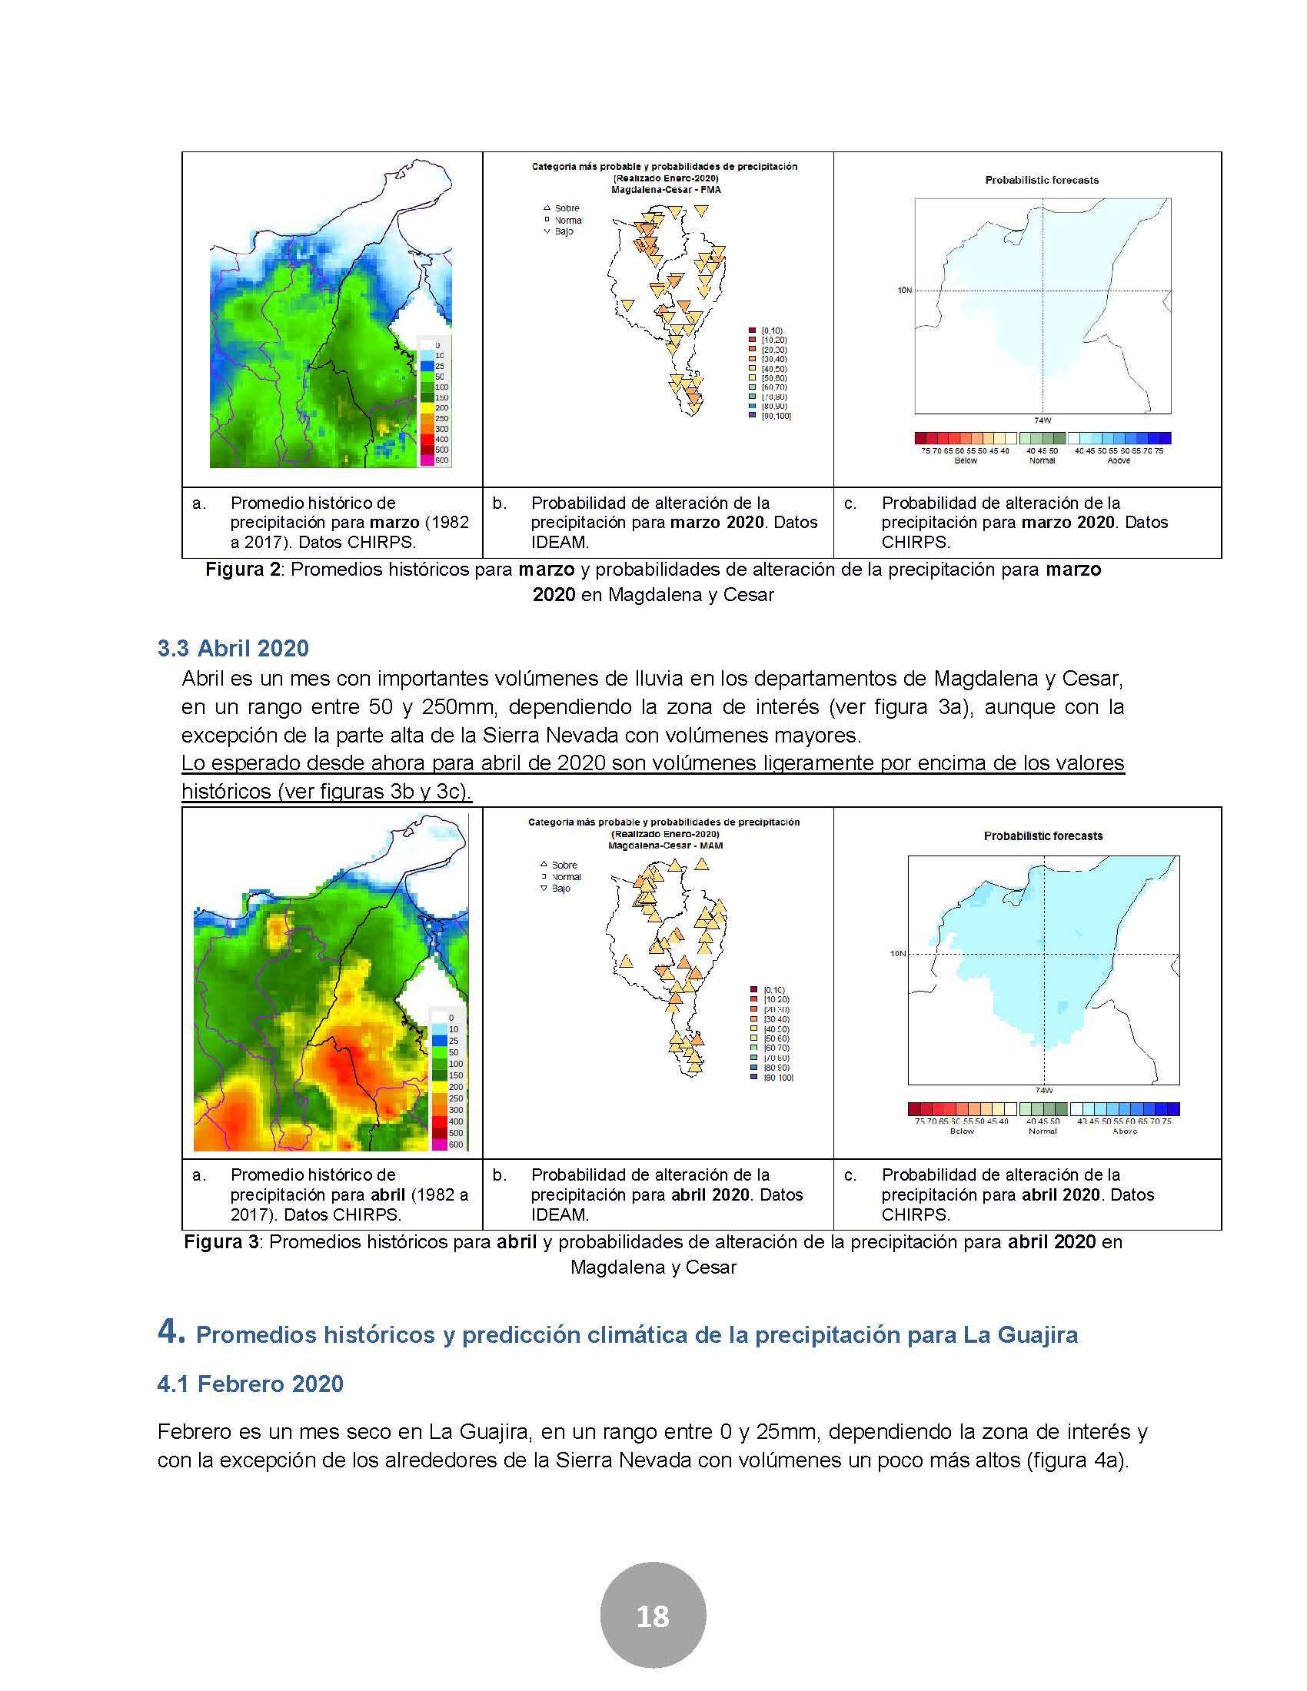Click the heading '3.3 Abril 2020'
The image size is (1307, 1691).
[233, 648]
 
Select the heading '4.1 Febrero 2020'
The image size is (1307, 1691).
[250, 1384]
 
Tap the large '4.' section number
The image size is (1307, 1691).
[171, 1332]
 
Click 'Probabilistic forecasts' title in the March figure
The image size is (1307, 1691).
[1042, 180]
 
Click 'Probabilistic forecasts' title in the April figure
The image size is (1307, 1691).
[1043, 836]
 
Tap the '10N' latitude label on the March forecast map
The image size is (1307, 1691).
[904, 291]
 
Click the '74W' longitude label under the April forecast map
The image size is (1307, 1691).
[1044, 1091]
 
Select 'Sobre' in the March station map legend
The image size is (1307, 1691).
[567, 208]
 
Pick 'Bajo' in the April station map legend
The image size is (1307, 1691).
[560, 888]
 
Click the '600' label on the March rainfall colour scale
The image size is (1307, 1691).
[441, 460]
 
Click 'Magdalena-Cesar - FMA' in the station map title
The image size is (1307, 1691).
[666, 189]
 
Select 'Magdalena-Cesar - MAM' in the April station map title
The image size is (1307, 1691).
[665, 845]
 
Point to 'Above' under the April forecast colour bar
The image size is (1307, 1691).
[1125, 1131]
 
